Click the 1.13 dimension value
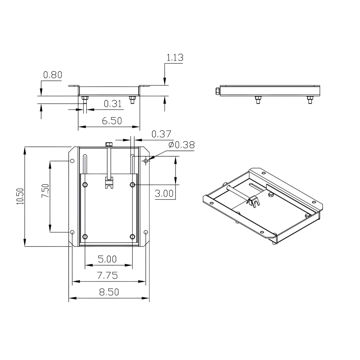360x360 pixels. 175,58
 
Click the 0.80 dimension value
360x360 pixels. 52,75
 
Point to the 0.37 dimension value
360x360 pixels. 161,134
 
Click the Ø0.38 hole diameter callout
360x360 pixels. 181,145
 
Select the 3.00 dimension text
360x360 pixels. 164,194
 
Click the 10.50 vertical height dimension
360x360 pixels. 20,196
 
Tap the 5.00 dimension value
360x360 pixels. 107,259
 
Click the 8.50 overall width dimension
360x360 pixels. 109,292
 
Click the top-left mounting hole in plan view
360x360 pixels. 72,161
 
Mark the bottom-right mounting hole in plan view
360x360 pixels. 146,232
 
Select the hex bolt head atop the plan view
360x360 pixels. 108,144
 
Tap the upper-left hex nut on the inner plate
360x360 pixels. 85,185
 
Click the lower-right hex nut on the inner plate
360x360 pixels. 133,236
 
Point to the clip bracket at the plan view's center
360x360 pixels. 108,183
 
